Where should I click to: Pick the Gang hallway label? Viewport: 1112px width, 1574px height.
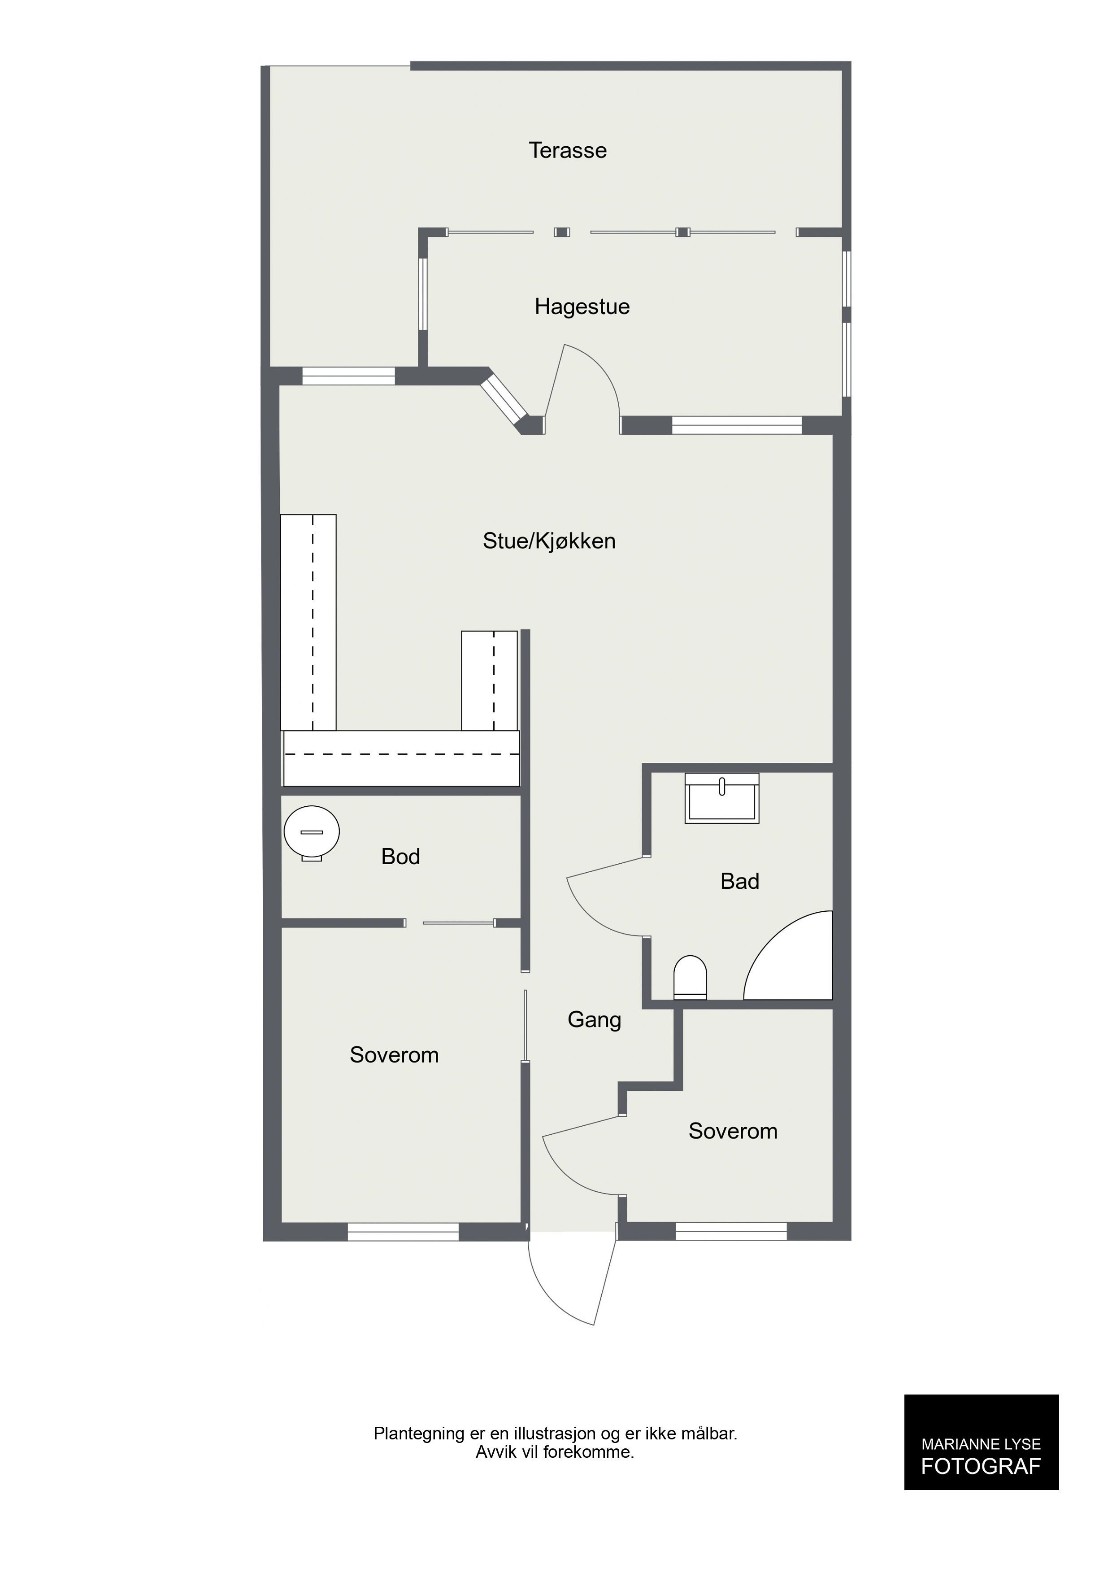tap(594, 1020)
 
